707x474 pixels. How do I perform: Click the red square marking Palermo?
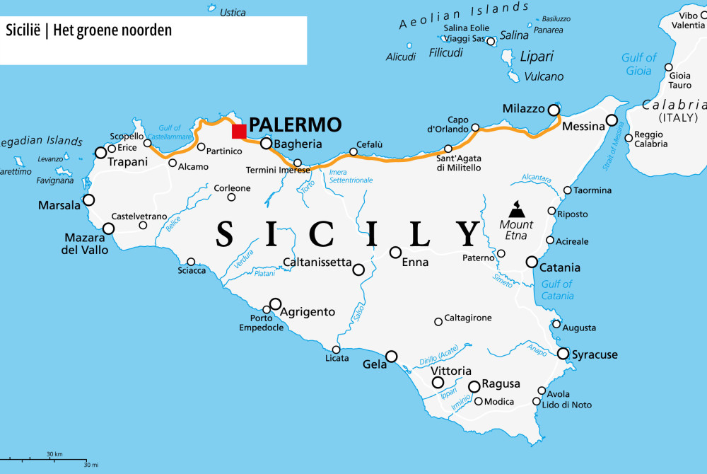click(239, 131)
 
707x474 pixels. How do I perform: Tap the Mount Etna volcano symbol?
click(518, 209)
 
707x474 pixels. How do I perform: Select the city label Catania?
click(559, 267)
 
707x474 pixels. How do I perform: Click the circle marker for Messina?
click(612, 120)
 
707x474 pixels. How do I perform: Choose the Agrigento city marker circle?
click(275, 304)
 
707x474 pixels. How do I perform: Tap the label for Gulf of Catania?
click(556, 290)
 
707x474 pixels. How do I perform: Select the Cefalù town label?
click(370, 144)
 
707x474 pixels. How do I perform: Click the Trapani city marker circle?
click(101, 153)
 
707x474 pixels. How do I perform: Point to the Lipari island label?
click(537, 57)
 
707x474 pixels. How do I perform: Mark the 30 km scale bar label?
click(54, 453)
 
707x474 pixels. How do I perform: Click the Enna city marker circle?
click(395, 253)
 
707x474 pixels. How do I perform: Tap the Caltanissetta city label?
click(317, 262)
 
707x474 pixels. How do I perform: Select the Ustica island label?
click(233, 13)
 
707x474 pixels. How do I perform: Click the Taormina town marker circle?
click(567, 190)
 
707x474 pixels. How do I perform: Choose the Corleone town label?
click(233, 188)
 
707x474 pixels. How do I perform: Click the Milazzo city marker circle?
click(554, 110)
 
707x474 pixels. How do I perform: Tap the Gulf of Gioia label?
click(639, 64)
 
